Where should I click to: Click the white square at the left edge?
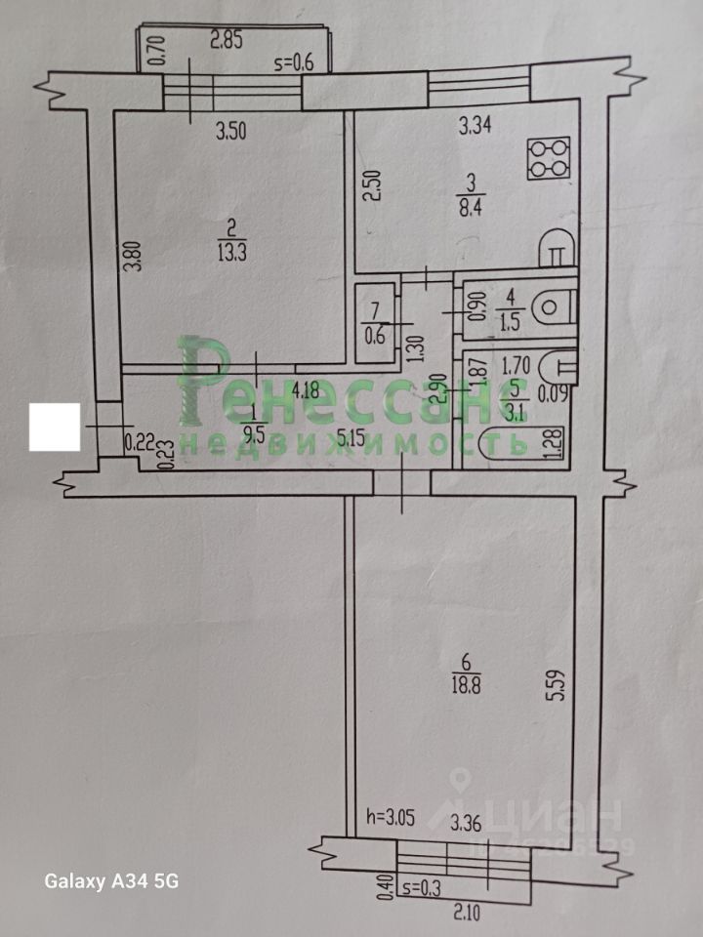[x=55, y=428]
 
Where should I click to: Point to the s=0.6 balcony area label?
[x=293, y=65]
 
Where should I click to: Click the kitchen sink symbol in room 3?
[x=555, y=249]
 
